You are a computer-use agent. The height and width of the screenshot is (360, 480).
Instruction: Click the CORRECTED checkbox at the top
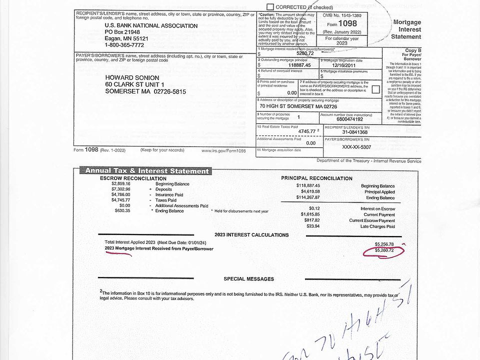(270, 7)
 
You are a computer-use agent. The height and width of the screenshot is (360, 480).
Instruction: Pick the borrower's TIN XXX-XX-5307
(356, 147)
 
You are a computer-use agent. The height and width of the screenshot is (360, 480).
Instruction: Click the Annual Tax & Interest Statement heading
(146, 171)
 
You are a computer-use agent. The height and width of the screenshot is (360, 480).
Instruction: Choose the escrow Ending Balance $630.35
(122, 210)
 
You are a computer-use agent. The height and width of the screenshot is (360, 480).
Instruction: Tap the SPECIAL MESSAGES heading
(248, 279)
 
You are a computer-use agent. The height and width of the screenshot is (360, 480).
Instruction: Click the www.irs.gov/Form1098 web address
(223, 150)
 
